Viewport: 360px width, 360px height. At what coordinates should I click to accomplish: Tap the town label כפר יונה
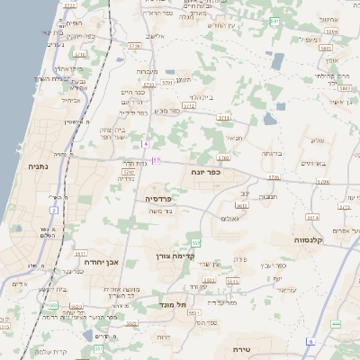[x=206, y=171]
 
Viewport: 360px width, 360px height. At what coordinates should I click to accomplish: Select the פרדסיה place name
[x=158, y=197]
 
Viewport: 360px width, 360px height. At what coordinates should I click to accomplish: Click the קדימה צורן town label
[x=171, y=256]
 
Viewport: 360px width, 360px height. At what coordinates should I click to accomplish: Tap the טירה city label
[x=240, y=349]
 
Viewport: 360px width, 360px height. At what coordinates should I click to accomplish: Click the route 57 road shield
[x=156, y=161]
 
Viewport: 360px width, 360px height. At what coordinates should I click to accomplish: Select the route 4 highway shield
[x=145, y=144]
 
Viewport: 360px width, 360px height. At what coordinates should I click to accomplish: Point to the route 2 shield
[x=53, y=210]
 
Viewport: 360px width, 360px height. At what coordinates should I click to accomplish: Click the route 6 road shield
[x=310, y=342]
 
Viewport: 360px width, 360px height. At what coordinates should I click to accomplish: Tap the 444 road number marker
[x=336, y=324]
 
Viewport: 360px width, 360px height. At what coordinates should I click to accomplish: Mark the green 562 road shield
[x=195, y=243]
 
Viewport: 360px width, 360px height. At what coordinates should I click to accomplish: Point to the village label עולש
[x=315, y=139]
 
